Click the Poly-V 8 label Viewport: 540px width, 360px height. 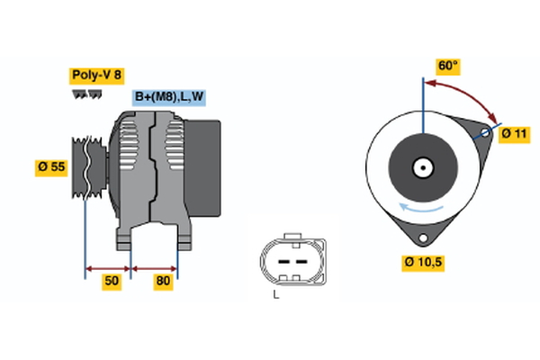95,75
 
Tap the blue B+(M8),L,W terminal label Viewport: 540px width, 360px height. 169,97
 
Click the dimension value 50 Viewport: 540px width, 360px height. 111,282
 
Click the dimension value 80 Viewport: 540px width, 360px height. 163,282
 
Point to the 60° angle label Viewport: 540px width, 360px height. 447,66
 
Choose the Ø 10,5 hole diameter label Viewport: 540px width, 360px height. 423,262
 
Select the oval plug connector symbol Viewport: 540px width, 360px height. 289,260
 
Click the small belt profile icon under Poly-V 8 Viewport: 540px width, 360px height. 85,94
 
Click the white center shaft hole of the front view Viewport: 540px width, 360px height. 421,167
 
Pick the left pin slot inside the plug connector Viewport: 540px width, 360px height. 282,261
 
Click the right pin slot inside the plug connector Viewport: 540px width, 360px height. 297,261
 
